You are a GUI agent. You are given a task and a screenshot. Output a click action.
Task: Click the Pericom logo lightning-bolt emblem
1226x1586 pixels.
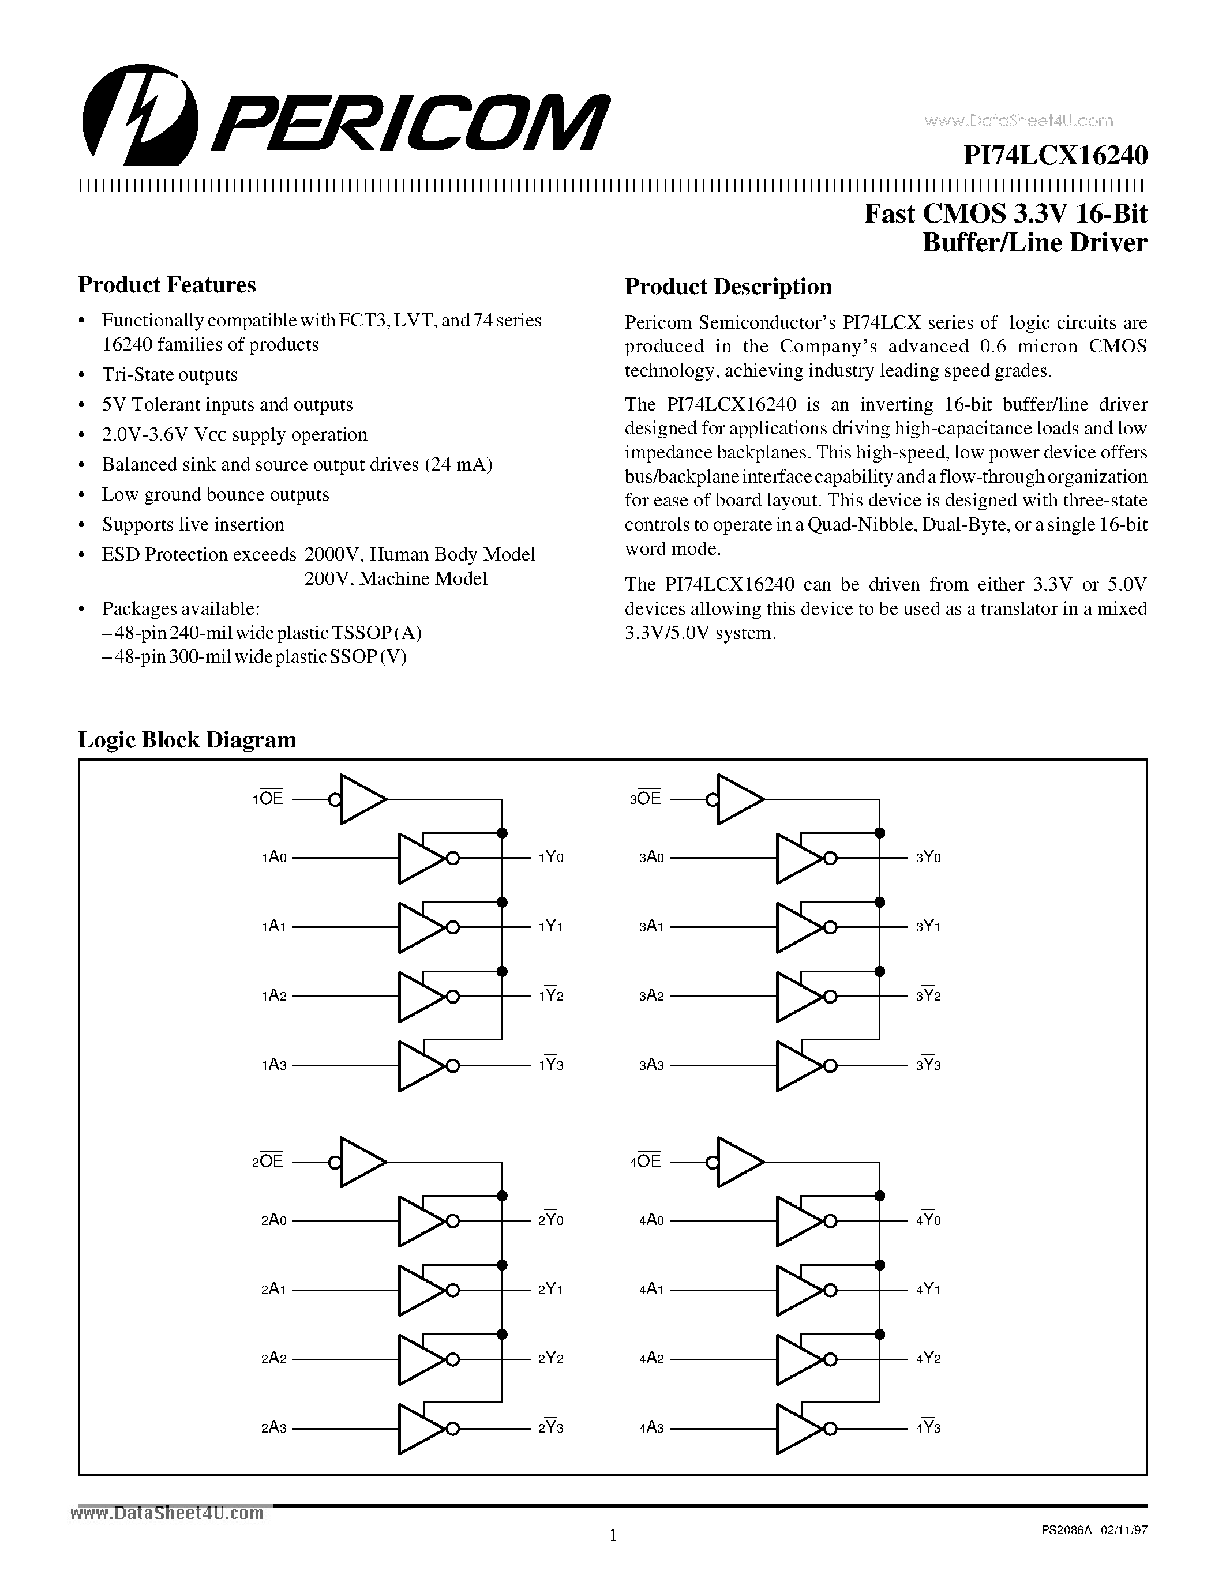tap(140, 114)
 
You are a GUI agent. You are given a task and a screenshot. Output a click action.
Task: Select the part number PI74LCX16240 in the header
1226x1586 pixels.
tap(1055, 155)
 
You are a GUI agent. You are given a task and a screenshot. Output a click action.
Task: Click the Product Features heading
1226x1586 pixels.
tap(167, 285)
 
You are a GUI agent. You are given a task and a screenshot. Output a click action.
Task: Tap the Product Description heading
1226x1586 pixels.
tap(728, 287)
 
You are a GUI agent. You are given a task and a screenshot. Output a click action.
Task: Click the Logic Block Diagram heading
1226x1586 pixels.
tap(188, 739)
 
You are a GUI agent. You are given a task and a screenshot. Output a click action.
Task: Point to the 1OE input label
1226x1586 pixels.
tap(268, 799)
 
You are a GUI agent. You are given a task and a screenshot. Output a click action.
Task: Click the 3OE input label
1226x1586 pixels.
tap(646, 799)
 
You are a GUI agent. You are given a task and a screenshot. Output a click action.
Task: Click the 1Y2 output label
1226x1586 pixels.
tap(550, 995)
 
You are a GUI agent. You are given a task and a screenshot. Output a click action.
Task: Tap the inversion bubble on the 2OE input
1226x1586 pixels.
tap(335, 1162)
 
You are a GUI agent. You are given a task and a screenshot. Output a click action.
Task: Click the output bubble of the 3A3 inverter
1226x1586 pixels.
tap(830, 1065)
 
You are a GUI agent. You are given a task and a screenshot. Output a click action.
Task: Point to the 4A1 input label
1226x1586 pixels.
tap(651, 1290)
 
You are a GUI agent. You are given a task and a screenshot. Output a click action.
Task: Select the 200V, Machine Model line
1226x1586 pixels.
tap(396, 579)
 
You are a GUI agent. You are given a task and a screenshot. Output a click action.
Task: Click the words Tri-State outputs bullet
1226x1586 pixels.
tap(170, 375)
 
